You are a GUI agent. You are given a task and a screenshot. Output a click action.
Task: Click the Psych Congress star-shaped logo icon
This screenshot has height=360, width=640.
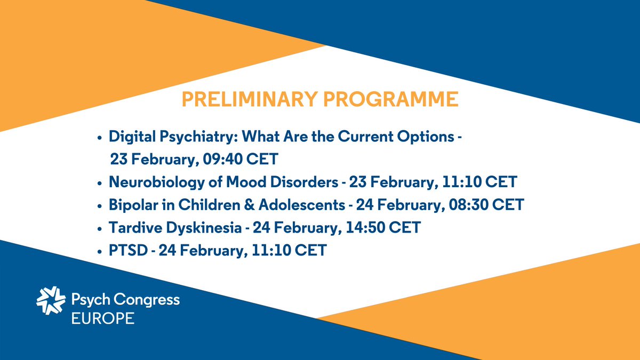point(51,301)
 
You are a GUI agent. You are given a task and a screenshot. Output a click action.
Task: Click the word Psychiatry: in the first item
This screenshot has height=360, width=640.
point(195,137)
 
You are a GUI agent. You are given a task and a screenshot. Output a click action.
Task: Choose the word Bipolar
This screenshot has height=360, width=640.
point(131,205)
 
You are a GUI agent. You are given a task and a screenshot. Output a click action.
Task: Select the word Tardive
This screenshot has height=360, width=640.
point(133,228)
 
